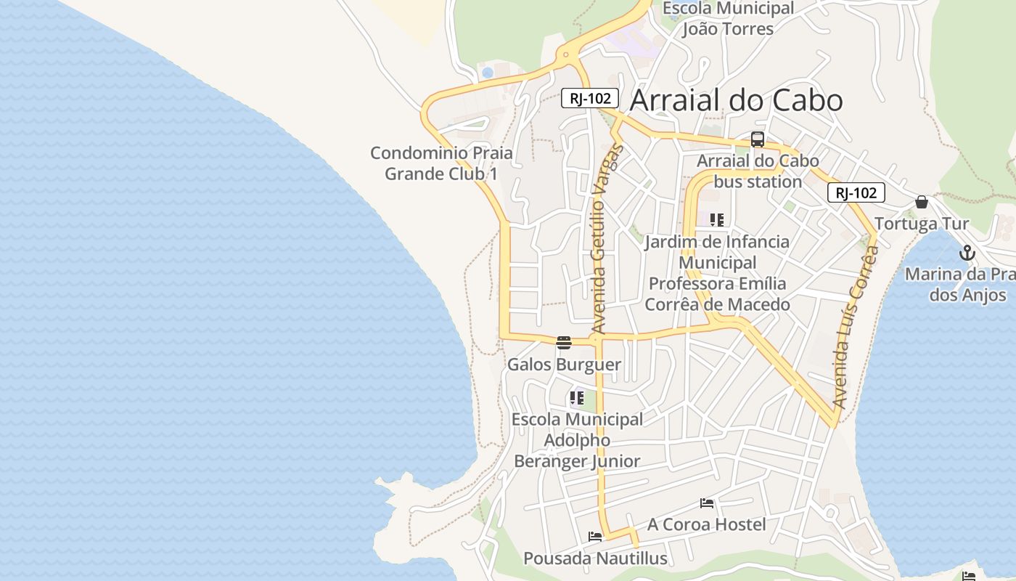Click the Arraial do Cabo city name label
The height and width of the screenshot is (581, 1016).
tap(736, 100)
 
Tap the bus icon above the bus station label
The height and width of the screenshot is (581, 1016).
tap(758, 139)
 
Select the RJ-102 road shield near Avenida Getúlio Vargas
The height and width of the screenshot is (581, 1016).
tap(589, 98)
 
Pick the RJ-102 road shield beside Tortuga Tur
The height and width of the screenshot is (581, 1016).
tap(856, 192)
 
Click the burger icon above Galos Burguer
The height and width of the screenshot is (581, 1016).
tap(564, 343)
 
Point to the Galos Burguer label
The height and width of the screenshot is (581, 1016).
tap(564, 365)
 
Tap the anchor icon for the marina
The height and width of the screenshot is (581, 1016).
tap(967, 253)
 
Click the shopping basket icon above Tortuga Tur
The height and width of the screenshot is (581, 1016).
tap(922, 202)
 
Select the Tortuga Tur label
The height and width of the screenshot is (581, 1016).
tap(922, 223)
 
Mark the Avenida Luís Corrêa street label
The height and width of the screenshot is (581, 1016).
tap(856, 327)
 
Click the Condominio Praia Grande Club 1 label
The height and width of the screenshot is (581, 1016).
tap(441, 163)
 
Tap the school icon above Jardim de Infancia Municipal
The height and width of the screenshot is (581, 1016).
tap(717, 219)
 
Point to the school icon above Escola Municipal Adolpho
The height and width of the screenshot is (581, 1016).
tap(577, 398)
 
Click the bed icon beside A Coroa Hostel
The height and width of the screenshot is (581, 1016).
tap(707, 503)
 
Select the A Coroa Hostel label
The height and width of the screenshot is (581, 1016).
tap(706, 524)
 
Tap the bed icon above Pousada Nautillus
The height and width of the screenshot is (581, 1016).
tap(595, 537)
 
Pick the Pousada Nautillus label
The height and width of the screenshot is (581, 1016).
tap(595, 558)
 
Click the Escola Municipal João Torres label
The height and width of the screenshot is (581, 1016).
tap(728, 19)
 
